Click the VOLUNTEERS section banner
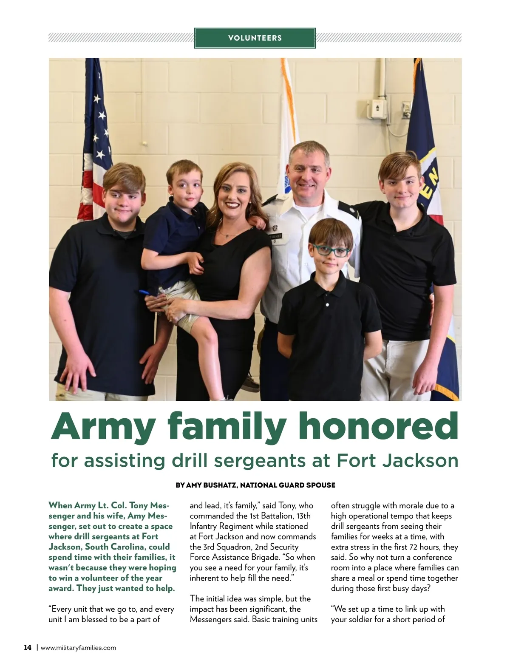pos(255,38)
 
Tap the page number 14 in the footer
pos(27,648)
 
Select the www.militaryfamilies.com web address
pos(78,648)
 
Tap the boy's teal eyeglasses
pos(330,251)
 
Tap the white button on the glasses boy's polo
pos(328,305)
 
